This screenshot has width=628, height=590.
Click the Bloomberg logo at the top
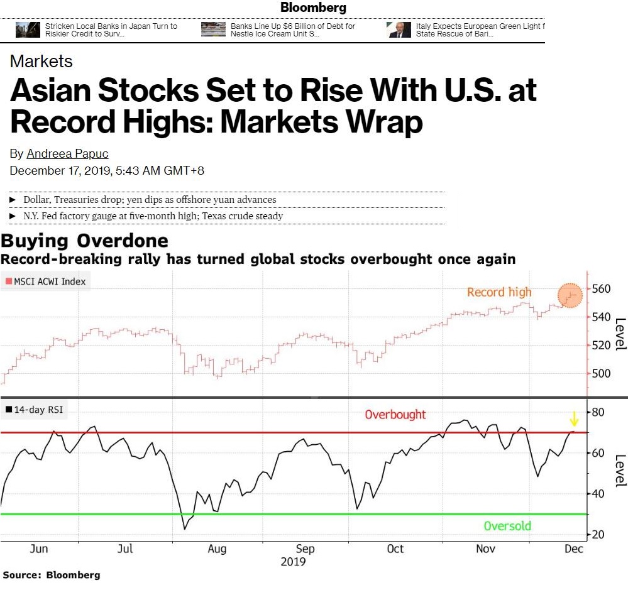313,8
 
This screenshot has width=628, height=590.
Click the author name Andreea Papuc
67,154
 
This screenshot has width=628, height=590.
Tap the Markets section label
41,62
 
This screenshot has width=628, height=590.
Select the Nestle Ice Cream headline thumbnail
213,30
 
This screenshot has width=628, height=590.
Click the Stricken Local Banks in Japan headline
111,30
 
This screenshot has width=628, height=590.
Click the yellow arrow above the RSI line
573,418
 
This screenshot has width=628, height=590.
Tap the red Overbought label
395,415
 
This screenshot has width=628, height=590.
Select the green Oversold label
507,526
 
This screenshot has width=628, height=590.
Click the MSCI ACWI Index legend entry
47,281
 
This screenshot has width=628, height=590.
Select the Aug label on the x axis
217,549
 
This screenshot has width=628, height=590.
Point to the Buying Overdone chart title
85,241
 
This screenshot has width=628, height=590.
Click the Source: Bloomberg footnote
51,575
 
